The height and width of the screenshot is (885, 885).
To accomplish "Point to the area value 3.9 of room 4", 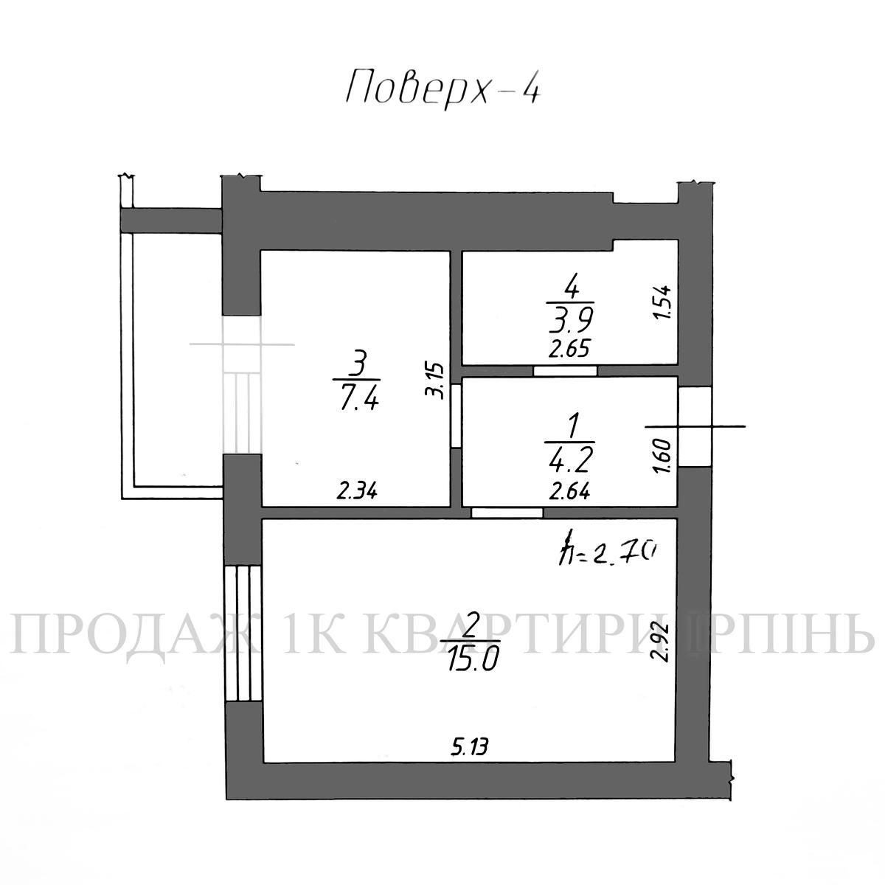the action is pyautogui.click(x=571, y=319).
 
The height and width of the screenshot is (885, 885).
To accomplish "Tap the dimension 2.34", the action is pyautogui.click(x=357, y=491).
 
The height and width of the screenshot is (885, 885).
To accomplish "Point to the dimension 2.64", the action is pyautogui.click(x=569, y=492).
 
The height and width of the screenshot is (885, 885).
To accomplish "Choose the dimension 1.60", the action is pyautogui.click(x=664, y=455).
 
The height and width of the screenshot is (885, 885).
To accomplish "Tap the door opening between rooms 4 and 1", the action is pyautogui.click(x=566, y=371).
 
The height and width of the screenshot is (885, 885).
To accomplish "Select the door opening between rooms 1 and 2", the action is pyautogui.click(x=507, y=513).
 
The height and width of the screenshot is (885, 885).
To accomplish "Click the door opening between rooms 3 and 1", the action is pyautogui.click(x=456, y=416).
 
